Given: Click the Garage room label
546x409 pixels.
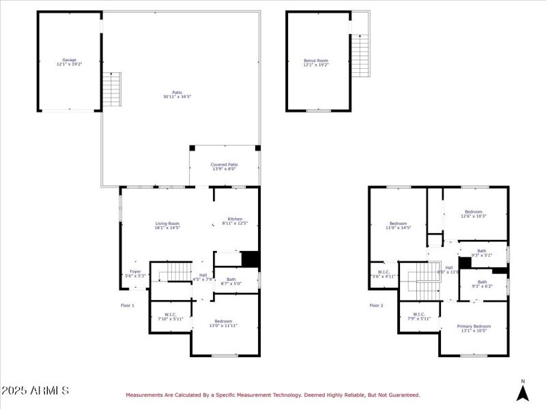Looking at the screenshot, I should pyautogui.click(x=69, y=60).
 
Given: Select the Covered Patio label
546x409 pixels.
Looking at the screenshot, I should pyautogui.click(x=224, y=165).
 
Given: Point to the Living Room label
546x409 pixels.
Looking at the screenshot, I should pyautogui.click(x=167, y=224).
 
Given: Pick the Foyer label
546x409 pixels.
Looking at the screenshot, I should pyautogui.click(x=135, y=272).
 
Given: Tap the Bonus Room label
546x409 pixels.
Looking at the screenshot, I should pyautogui.click(x=316, y=61).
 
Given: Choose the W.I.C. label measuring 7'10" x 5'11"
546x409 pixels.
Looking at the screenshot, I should pyautogui.click(x=170, y=314).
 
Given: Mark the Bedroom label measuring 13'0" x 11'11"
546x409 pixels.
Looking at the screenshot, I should pyautogui.click(x=223, y=321).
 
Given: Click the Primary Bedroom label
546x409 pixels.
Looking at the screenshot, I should pyautogui.click(x=474, y=327).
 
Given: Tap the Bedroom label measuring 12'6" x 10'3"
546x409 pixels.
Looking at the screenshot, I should pyautogui.click(x=474, y=212).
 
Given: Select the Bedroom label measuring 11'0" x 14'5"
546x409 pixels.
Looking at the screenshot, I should pyautogui.click(x=398, y=224).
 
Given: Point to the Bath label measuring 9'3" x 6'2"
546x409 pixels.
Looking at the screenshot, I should pyautogui.click(x=482, y=282).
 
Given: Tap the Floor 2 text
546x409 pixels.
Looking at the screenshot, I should pyautogui.click(x=376, y=305).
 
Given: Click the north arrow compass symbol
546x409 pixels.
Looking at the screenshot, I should pyautogui.click(x=523, y=391).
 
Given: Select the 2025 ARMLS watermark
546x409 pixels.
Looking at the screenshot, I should pyautogui.click(x=35, y=391).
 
